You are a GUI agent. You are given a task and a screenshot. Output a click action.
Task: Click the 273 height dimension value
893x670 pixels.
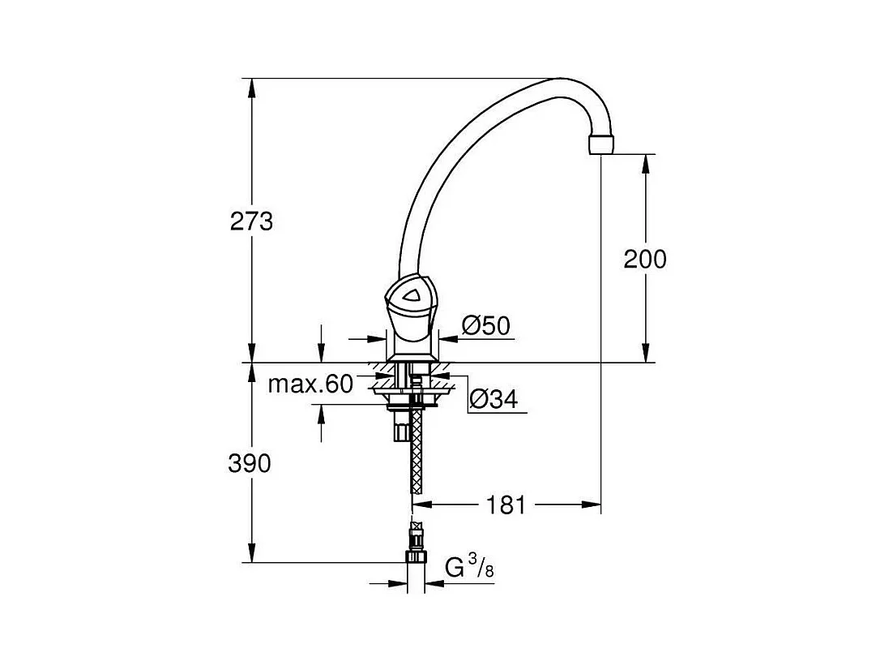pos(251,221)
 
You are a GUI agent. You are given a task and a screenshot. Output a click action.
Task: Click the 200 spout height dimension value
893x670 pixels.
pos(645,260)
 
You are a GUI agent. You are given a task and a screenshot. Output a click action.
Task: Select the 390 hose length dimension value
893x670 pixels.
pos(250,464)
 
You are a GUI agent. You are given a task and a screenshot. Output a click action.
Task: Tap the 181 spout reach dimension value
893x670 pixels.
pos(506,505)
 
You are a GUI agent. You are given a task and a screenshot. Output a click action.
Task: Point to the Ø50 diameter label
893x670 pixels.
pos(485,326)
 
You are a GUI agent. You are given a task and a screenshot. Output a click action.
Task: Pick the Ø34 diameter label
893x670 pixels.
pos(493,399)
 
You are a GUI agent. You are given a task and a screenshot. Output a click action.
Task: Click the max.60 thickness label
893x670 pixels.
pos(310,384)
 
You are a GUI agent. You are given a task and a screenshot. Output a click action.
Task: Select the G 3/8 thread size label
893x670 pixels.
pos(469,568)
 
